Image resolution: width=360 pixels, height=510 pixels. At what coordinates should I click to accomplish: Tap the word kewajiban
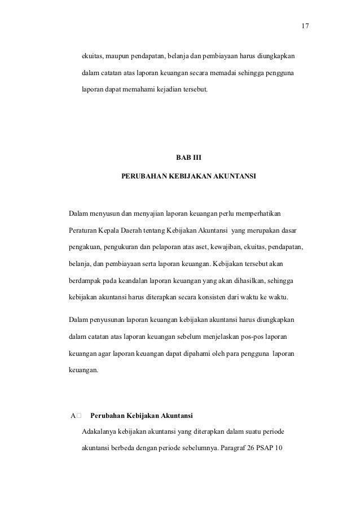220,247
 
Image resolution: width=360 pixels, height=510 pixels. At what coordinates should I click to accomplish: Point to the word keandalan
138,280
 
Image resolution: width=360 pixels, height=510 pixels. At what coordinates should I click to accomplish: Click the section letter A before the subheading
72,416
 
